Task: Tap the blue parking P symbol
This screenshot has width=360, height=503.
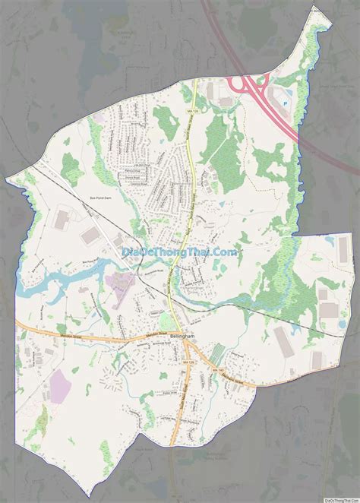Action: pyautogui.click(x=286, y=100)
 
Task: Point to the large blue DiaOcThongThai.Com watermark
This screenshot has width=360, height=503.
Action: pyautogui.click(x=180, y=251)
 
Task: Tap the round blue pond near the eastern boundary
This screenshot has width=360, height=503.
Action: pyautogui.click(x=328, y=241)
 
